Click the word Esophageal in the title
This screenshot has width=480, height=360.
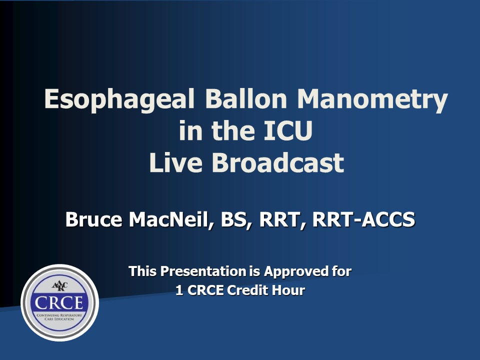[119, 100]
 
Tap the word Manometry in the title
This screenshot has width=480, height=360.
[372, 100]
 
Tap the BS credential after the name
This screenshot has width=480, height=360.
[234, 220]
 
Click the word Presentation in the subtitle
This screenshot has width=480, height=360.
[203, 271]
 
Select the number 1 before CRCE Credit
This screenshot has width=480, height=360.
[179, 290]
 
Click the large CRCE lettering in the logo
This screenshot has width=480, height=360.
[59, 302]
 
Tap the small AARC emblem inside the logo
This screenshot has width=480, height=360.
[59, 286]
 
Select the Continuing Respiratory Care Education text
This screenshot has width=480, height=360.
[59, 317]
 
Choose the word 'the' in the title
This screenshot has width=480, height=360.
[233, 130]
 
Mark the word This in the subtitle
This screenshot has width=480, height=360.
[142, 271]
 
